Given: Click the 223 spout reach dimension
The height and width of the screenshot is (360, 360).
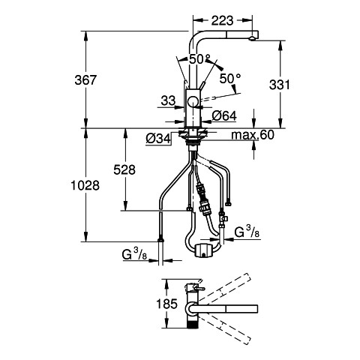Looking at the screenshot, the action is tap(222, 20).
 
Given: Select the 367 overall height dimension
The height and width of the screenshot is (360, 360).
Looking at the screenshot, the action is tap(85, 80).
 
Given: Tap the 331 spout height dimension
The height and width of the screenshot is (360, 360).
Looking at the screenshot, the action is tap(280, 85).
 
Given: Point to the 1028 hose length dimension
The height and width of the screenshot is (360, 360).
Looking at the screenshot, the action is tap(85, 185).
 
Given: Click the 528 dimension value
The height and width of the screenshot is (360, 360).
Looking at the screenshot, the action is tap(124, 169).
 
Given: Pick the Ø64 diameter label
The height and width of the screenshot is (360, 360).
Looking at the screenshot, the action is tap(224, 115).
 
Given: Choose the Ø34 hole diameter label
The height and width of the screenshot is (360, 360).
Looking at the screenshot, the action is tap(158, 139).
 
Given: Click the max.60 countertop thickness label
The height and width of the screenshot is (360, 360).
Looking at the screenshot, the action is tap(253, 135).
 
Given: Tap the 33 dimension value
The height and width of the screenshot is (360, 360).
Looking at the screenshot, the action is tap(168, 100).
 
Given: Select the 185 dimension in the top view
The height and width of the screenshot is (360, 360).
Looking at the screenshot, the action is tap(166, 304).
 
